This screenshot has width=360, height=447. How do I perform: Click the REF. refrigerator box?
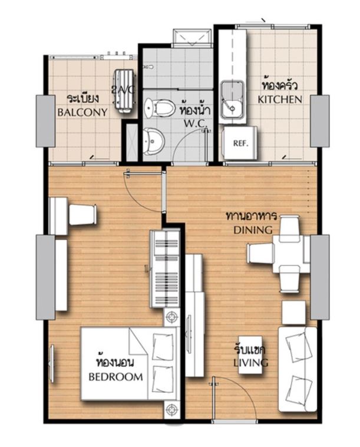240,143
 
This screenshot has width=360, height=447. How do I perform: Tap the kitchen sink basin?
233,100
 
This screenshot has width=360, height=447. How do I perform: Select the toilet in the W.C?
160,108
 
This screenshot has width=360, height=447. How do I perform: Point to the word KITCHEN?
280,100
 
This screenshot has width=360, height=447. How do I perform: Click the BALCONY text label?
82,112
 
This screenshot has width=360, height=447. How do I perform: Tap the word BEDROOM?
115,377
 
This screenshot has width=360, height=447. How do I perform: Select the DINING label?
253,230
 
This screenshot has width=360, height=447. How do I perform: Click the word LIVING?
250,363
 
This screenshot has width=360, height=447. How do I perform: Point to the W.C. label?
196,123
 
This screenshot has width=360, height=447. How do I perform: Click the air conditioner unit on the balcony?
124,91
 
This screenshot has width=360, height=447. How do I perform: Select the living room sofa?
298,370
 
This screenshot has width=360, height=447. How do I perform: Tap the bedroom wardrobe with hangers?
165,269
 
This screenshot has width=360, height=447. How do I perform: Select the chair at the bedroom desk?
83,215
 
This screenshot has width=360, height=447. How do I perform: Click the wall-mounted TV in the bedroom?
52,364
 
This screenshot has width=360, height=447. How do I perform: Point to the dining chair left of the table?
260,254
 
